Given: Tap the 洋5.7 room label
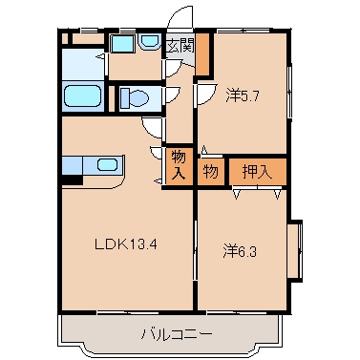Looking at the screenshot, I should (243, 95).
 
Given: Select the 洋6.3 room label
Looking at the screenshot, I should (241, 251).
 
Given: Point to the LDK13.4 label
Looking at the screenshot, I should (124, 243).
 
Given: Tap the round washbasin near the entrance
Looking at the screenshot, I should (150, 44).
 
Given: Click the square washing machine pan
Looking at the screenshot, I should (121, 44).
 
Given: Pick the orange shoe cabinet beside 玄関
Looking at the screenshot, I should (202, 53).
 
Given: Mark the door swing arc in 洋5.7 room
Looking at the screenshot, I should (205, 94).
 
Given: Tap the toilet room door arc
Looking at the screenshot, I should (172, 95).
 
